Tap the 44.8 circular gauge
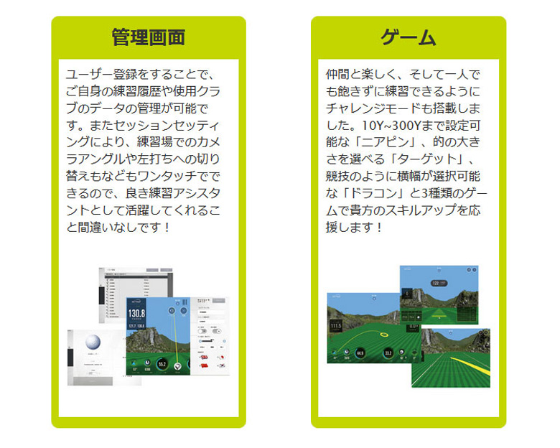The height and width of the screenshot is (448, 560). pyautogui.click(x=359, y=353)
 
